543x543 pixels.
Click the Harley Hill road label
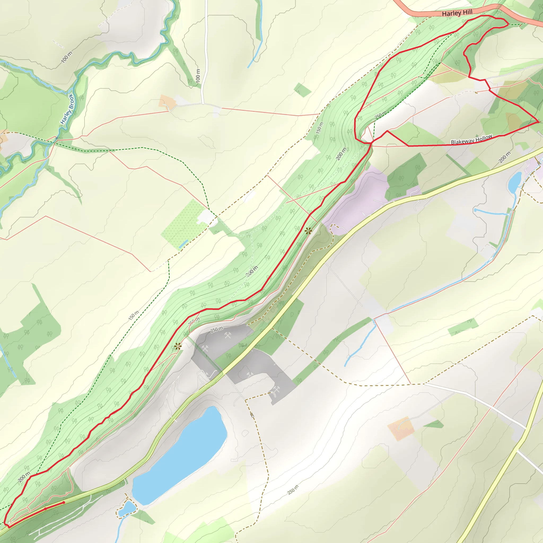pyautogui.click(x=457, y=13)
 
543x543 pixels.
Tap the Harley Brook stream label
pyautogui.click(x=67, y=109)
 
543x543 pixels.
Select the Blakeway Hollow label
pyautogui.click(x=472, y=140)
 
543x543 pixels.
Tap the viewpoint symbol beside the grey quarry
pyautogui.click(x=177, y=346)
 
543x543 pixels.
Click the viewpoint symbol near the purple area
pyautogui.click(x=308, y=231)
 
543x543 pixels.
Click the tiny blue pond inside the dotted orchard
pyautogui.click(x=183, y=243)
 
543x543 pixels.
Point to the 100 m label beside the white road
pyautogui.click(x=198, y=76)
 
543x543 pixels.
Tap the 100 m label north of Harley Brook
pyautogui.click(x=66, y=57)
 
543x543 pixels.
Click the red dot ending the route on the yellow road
pyautogui.click(x=64, y=502)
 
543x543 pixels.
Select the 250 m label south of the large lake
pyautogui.click(x=293, y=490)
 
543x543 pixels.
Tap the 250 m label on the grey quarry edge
pyautogui.click(x=217, y=329)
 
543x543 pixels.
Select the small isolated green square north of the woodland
pyautogui.click(x=303, y=90)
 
